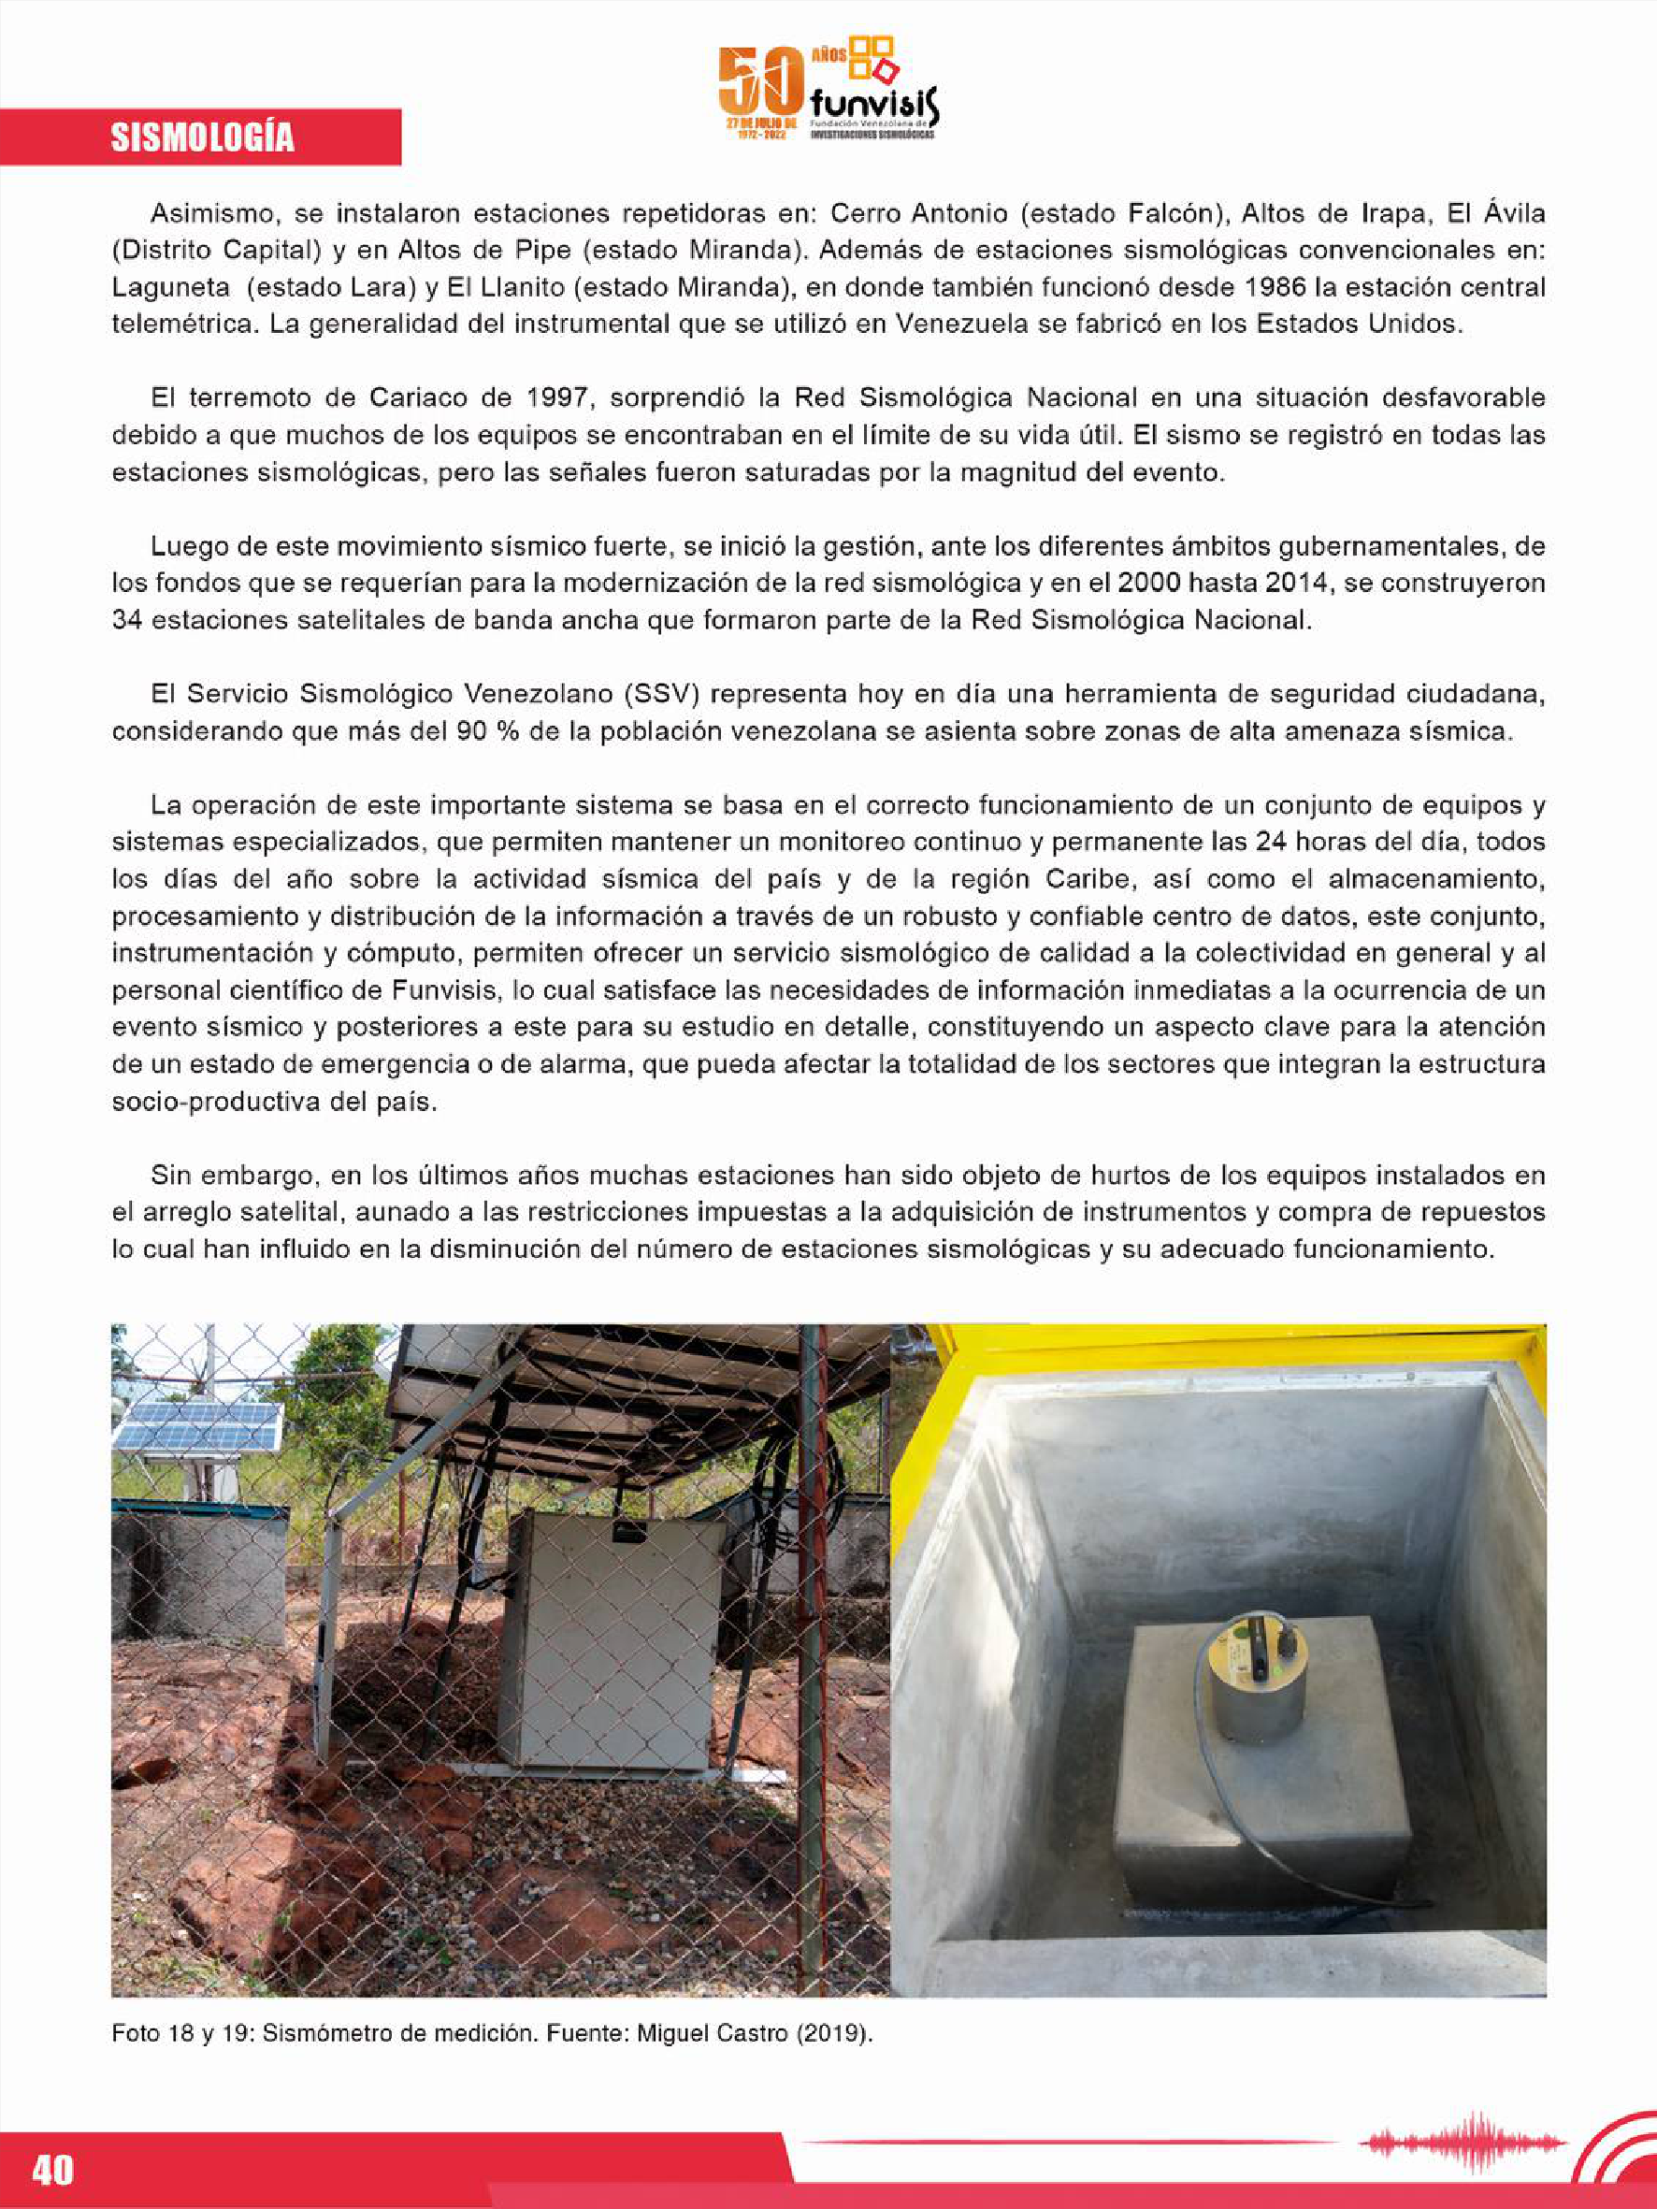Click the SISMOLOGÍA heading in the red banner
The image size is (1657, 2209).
[202, 137]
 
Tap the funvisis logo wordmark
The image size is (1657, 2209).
[873, 103]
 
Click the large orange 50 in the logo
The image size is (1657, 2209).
[760, 82]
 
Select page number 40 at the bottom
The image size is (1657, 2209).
[53, 2170]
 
